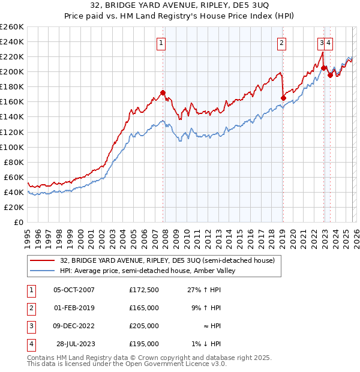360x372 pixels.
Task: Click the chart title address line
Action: click(x=179, y=7)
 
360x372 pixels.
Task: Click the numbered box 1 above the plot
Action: click(x=162, y=43)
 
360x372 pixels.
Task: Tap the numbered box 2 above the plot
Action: click(x=281, y=43)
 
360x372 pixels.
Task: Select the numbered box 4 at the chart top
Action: click(x=330, y=43)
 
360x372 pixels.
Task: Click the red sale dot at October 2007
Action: click(x=163, y=92)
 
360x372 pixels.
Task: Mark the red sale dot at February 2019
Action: click(x=283, y=98)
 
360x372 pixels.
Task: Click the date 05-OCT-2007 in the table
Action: click(x=74, y=290)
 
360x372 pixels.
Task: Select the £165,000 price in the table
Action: click(x=144, y=308)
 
